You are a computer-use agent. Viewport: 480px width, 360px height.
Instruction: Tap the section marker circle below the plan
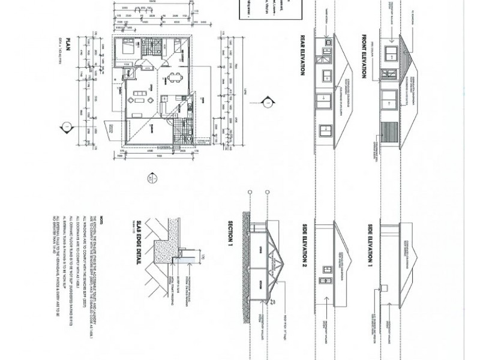click(151, 178)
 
